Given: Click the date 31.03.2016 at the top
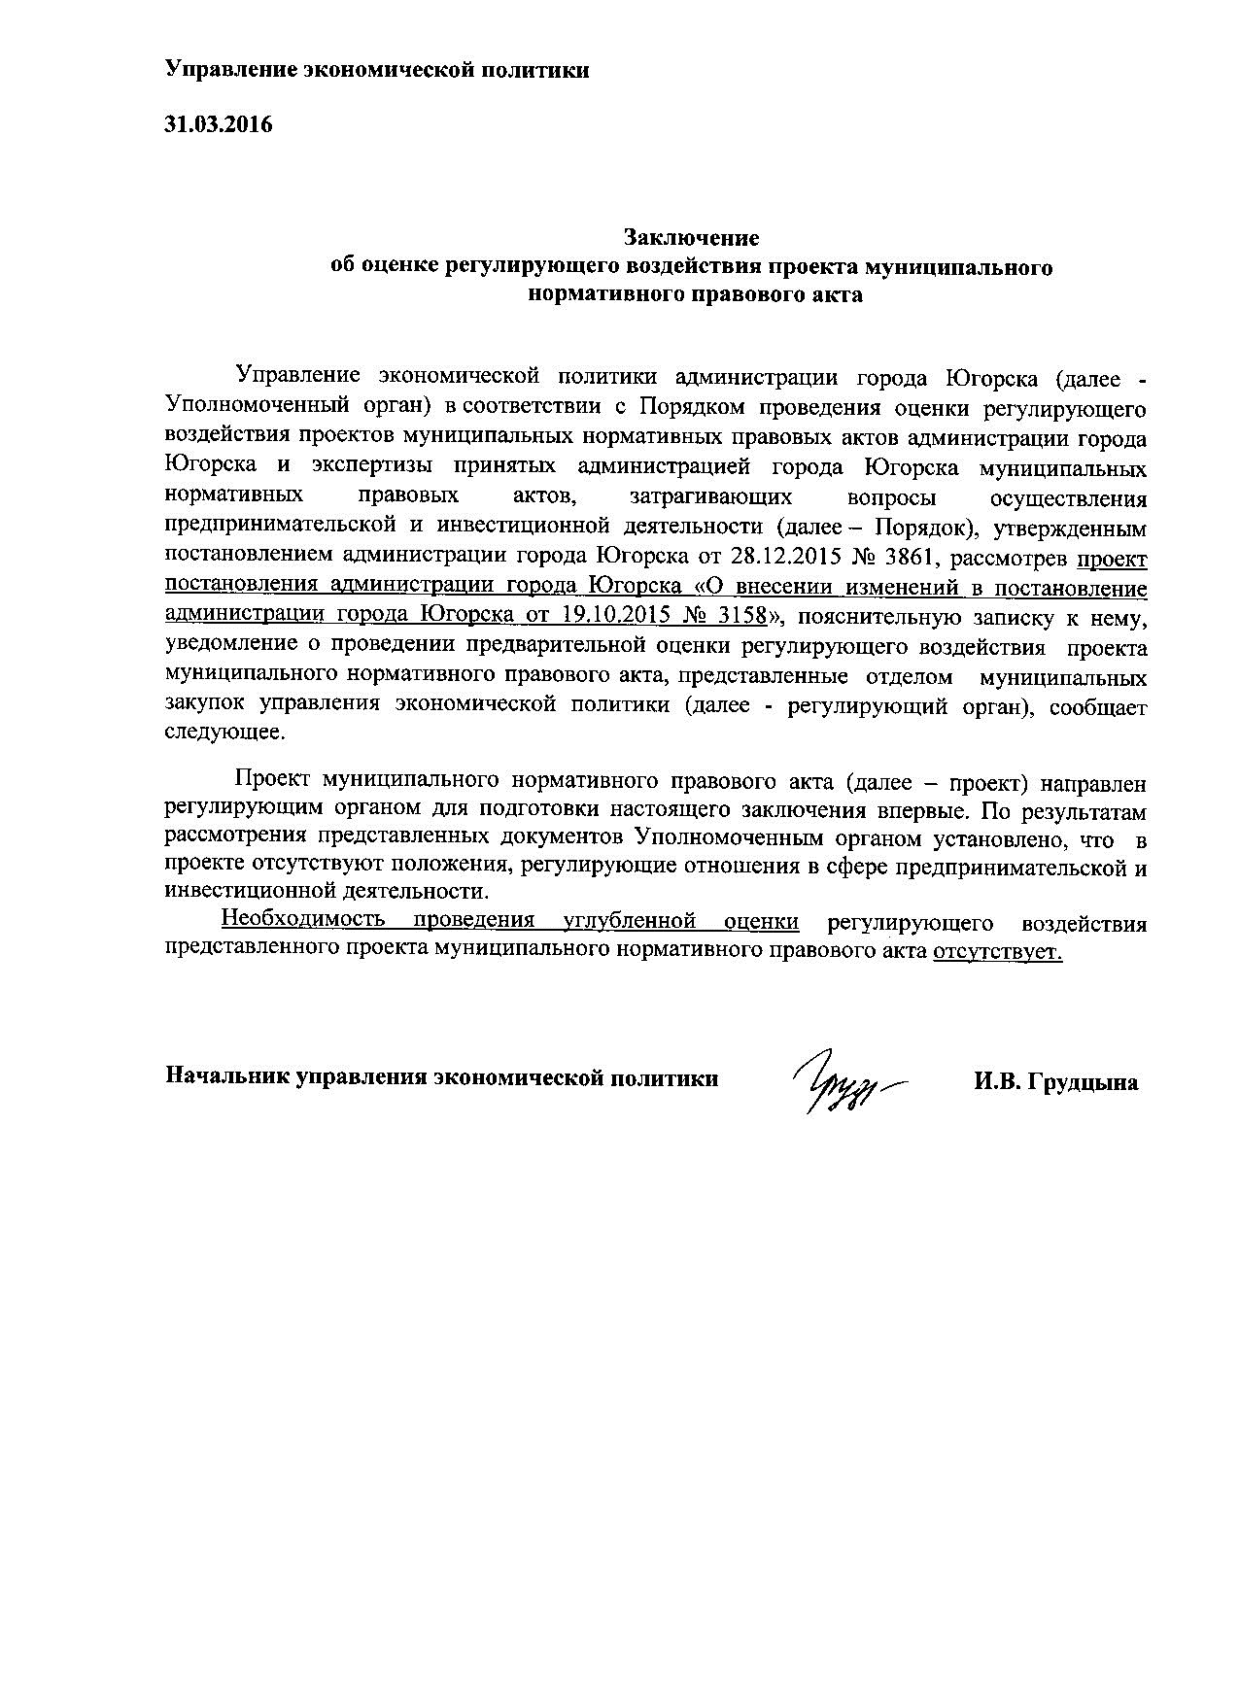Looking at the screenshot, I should pos(218,124).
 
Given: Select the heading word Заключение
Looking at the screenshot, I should pos(691,238).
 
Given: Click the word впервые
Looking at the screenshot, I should pos(930,809).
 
